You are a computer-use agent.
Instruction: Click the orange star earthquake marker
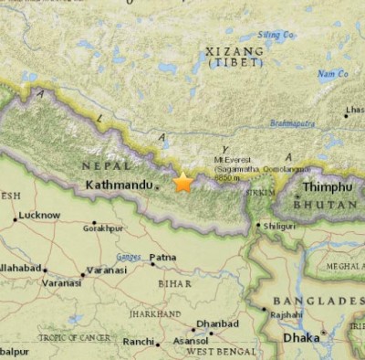tap(183, 182)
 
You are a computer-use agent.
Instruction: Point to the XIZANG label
tap(235, 51)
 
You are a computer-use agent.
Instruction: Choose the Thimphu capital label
tap(327, 187)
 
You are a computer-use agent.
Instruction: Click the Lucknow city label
tap(39, 216)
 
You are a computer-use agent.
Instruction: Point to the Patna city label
tap(163, 258)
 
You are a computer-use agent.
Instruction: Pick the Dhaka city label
tap(301, 337)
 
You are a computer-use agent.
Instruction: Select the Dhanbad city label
tap(217, 323)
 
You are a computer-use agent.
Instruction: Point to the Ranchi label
tap(139, 342)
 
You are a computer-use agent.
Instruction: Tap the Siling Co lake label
tap(276, 35)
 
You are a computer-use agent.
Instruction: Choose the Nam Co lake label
tap(331, 74)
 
